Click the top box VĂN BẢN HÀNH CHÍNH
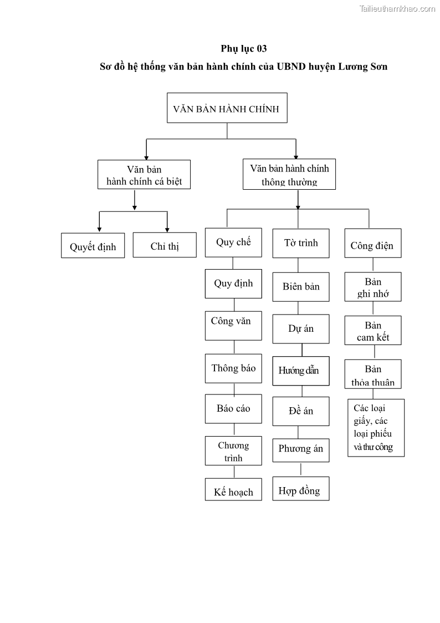tap(227, 108)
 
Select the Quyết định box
tap(93, 246)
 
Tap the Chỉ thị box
tap(165, 245)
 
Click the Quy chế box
tap(233, 242)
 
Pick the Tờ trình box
tap(301, 243)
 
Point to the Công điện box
tap(372, 245)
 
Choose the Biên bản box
tap(301, 286)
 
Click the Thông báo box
tap(233, 368)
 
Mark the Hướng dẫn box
tap(301, 371)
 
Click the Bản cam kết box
tap(373, 331)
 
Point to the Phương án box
tap(301, 449)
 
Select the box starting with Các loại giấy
tap(376, 428)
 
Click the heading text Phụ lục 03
tap(244, 48)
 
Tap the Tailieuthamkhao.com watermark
tap(397, 8)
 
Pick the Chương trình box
tap(233, 451)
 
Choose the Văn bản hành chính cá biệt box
tap(144, 175)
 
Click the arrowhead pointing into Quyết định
tap(99, 229)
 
